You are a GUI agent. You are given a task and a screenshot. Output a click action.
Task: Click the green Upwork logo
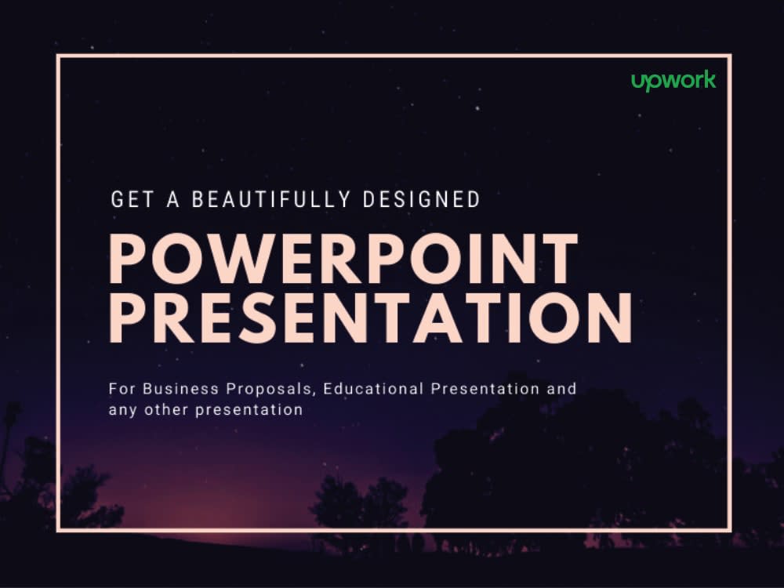[x=673, y=81]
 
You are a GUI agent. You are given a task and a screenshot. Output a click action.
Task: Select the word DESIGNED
[x=421, y=200]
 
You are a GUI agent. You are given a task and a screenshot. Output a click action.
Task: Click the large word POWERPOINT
[x=343, y=259]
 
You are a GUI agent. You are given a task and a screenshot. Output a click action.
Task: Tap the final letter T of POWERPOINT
[x=558, y=259]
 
